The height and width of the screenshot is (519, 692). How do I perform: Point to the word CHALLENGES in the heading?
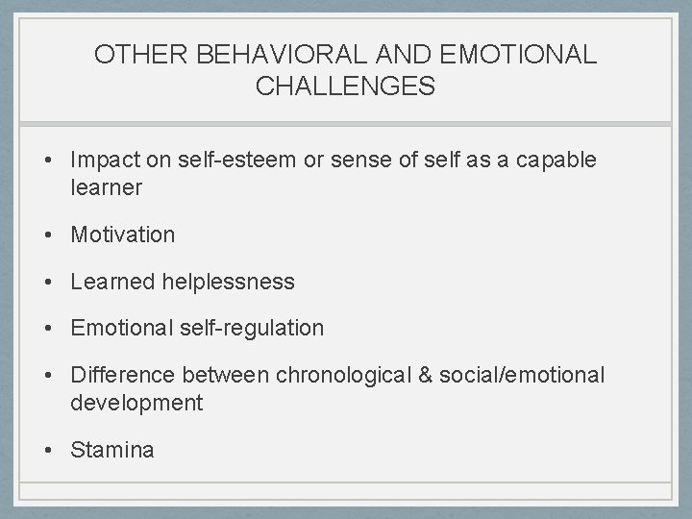point(345,86)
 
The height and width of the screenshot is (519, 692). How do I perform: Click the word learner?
point(106,188)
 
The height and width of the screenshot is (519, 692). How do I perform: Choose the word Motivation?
point(123,235)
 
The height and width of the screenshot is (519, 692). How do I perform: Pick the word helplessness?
point(229,282)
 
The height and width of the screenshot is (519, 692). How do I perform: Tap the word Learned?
point(112,282)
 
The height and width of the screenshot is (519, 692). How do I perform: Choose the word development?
point(136,404)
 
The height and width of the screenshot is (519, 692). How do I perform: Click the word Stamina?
point(111,450)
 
